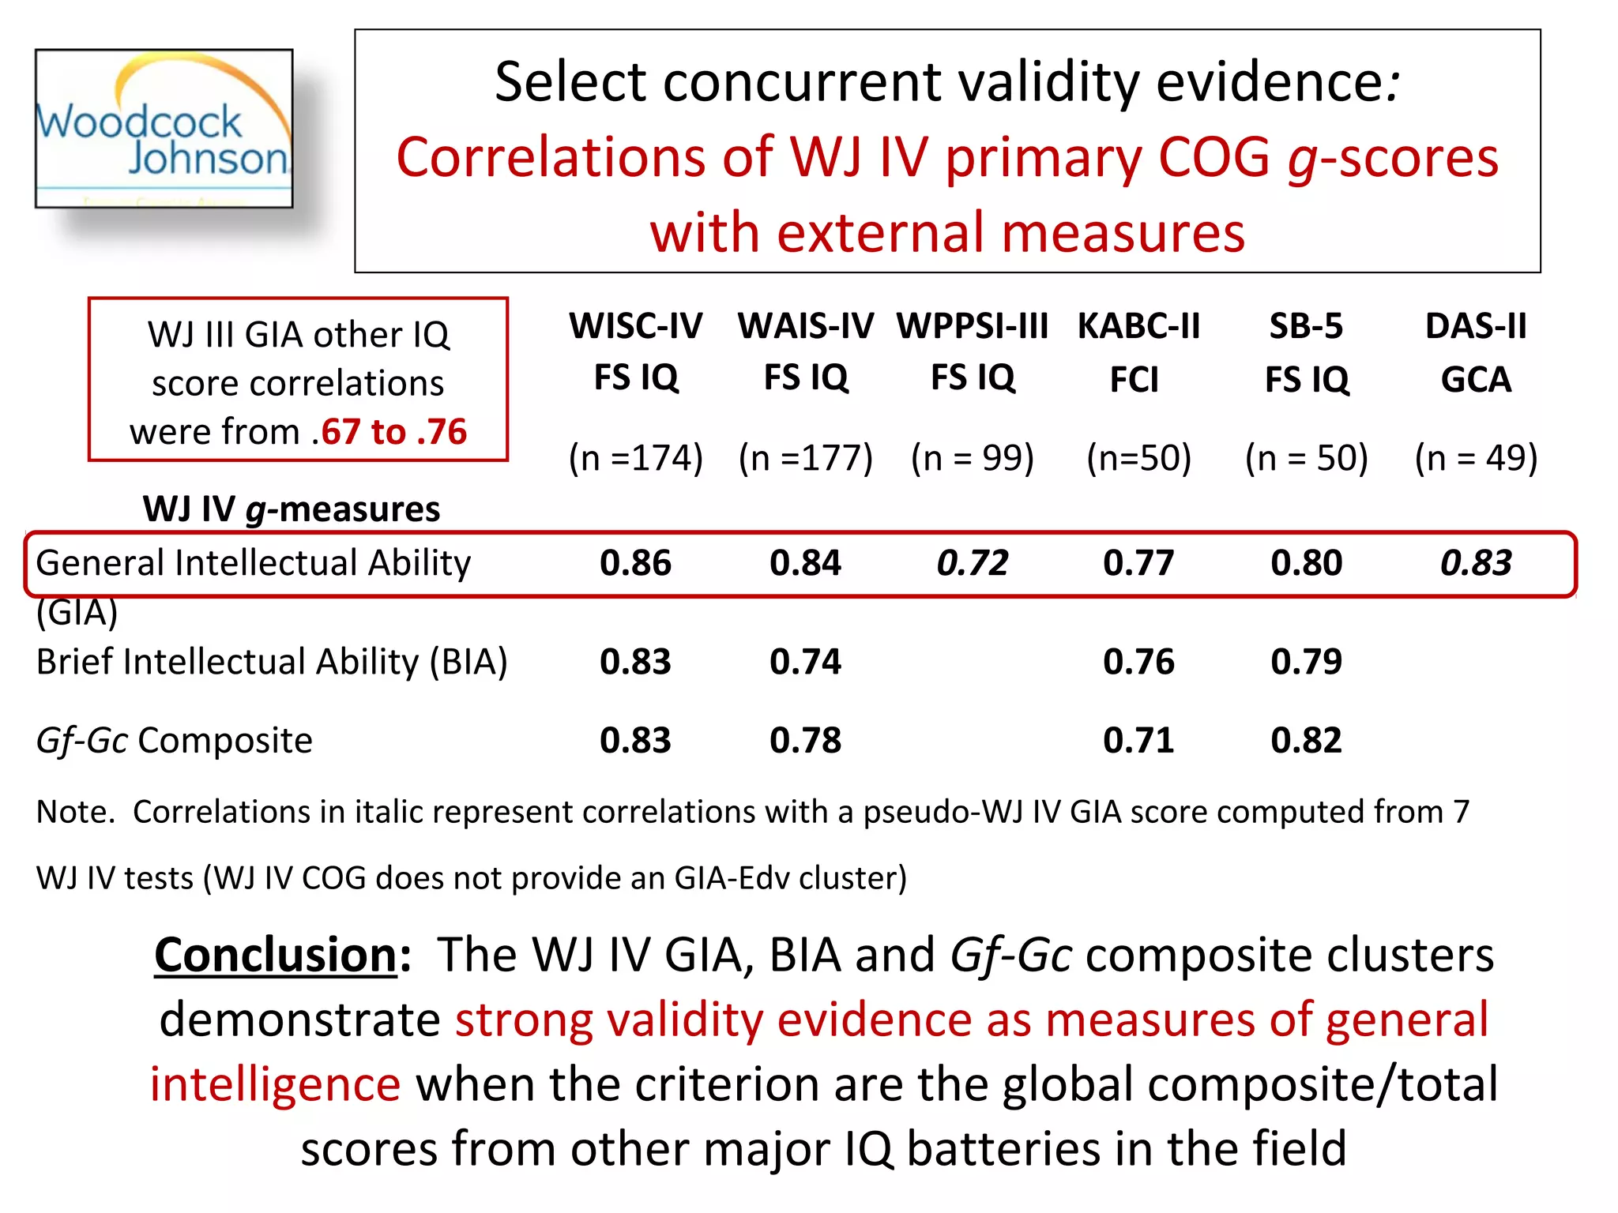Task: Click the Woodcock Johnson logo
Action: click(164, 129)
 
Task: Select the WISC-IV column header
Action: click(635, 351)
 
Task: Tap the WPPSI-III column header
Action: click(972, 351)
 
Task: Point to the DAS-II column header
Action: click(1476, 351)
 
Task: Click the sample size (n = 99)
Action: click(972, 457)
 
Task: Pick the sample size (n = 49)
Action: click(1476, 457)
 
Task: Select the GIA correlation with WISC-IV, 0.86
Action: click(635, 563)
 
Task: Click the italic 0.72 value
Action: click(972, 563)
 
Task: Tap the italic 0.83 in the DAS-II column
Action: click(1476, 563)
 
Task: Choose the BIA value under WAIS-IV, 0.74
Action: click(805, 662)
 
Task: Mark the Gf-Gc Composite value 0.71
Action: click(1138, 741)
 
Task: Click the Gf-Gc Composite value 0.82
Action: click(1306, 741)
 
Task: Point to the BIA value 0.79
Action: click(1306, 662)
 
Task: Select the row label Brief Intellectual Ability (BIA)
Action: click(271, 662)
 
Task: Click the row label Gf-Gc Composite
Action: click(174, 741)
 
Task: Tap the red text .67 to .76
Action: click(389, 432)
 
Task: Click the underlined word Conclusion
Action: click(275, 955)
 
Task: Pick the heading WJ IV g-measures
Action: click(291, 509)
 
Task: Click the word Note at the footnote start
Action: click(74, 812)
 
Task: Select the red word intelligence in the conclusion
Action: click(275, 1084)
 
